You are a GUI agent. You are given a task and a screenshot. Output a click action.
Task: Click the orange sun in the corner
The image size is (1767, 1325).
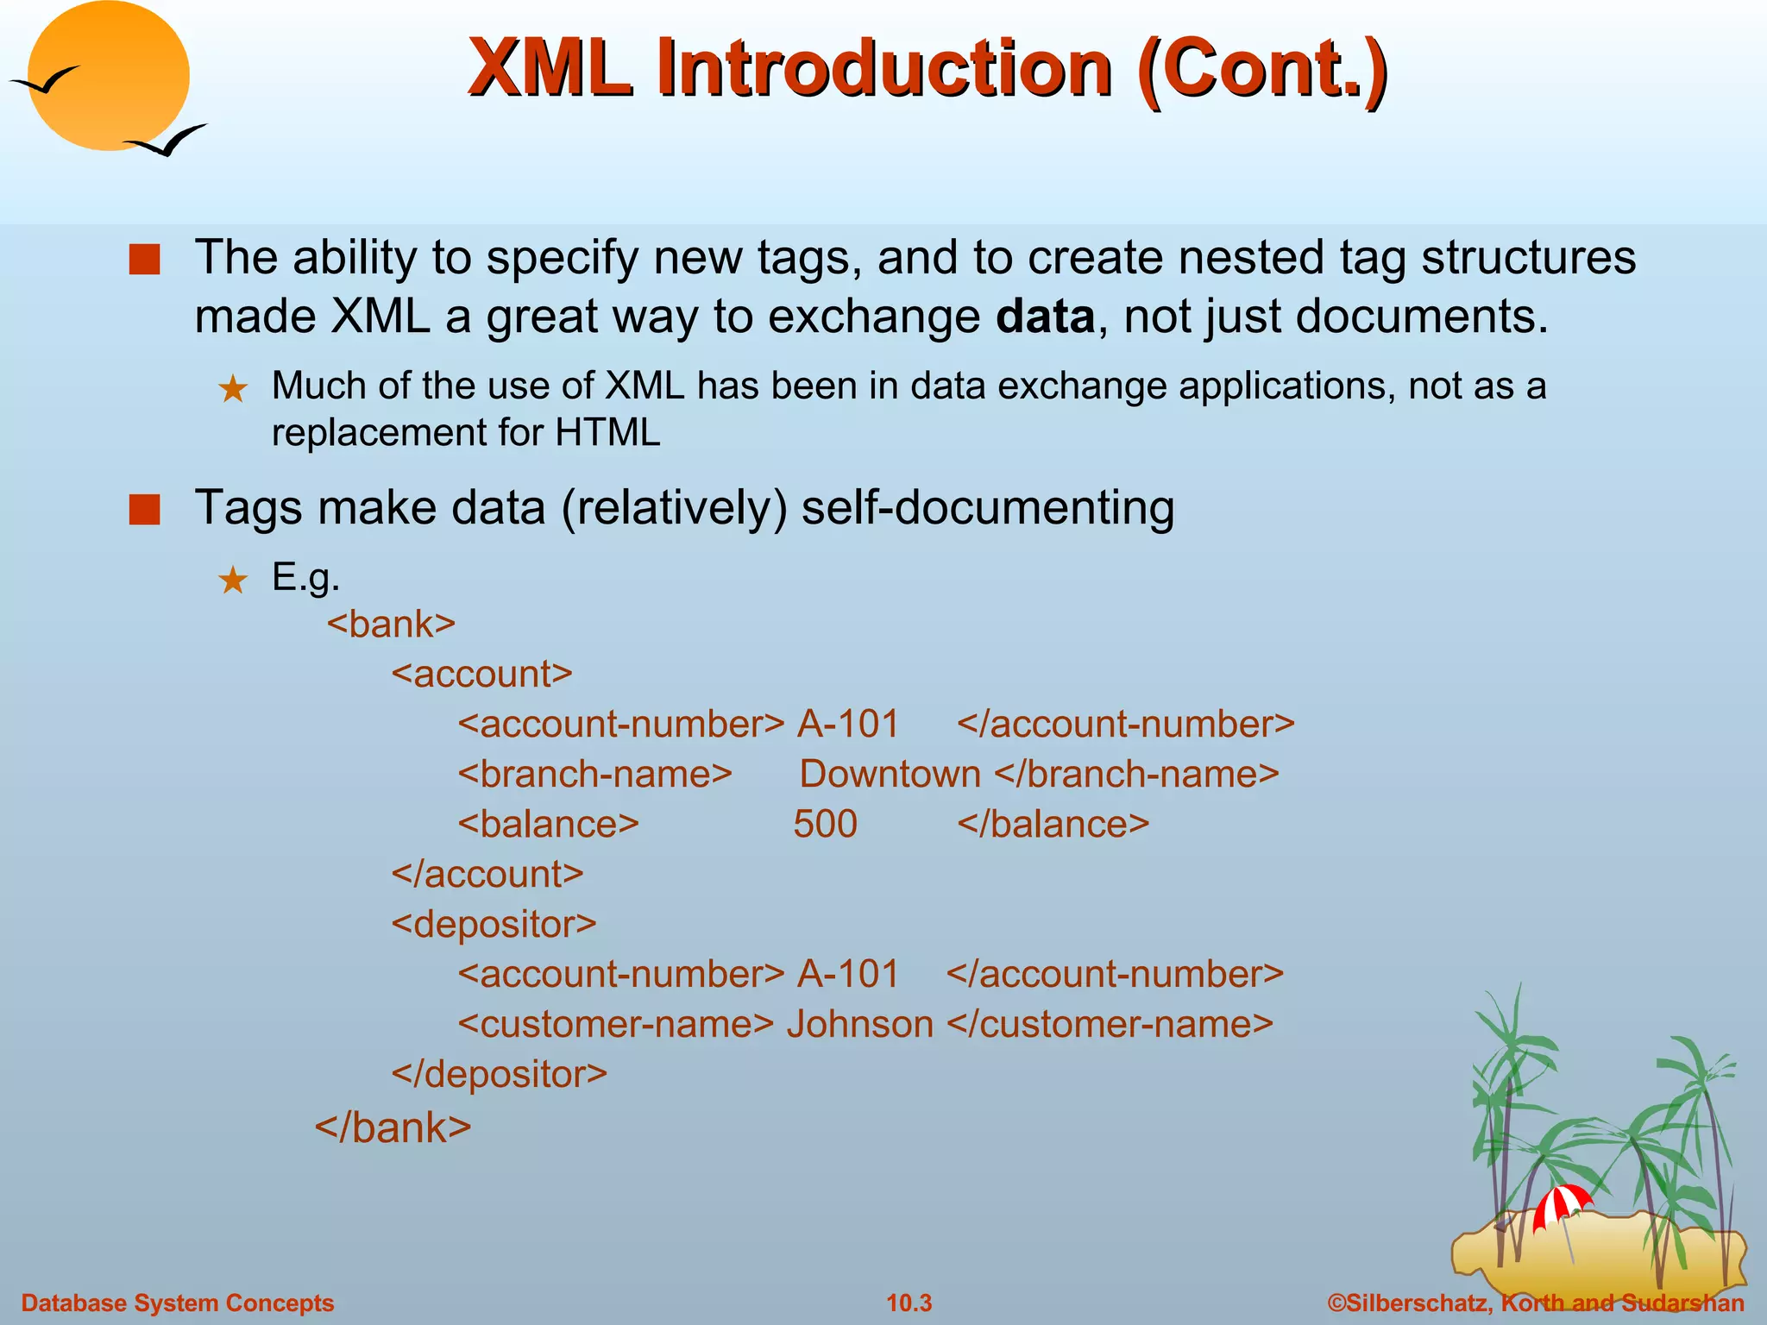point(108,76)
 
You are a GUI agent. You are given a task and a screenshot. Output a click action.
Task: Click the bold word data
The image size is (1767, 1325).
point(1045,317)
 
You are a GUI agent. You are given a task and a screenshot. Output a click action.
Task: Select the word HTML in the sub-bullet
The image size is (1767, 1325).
point(607,432)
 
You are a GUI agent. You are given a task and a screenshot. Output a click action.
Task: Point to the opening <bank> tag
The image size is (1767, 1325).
point(391,624)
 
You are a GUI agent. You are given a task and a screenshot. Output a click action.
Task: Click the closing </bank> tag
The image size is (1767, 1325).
point(393,1127)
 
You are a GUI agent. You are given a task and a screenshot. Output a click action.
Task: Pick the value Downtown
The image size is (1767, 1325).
point(890,774)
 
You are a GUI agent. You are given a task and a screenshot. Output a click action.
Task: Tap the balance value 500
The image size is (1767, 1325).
point(825,824)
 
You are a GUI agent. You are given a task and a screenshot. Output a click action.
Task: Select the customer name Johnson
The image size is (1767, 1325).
point(859,1024)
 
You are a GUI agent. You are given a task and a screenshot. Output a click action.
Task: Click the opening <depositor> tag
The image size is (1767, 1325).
point(494,924)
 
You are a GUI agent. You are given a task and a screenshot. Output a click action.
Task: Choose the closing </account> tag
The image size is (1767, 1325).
point(487,874)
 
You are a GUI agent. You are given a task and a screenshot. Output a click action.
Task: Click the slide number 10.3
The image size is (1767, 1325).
point(909,1303)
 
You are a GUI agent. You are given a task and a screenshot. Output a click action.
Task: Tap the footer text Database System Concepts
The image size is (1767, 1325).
point(177,1303)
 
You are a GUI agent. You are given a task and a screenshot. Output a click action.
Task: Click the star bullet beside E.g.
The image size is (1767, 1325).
point(233,581)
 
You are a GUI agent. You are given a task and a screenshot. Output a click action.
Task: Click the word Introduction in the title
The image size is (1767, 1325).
point(883,69)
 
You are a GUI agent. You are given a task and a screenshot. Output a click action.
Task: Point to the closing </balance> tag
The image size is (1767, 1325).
point(1053,824)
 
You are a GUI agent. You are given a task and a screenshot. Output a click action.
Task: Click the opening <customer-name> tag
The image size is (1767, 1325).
point(615,1024)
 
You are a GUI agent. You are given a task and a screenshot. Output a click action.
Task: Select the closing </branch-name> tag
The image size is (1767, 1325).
point(1136,774)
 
